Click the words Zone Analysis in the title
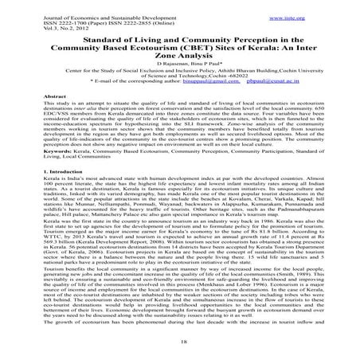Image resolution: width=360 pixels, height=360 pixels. (180, 55)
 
